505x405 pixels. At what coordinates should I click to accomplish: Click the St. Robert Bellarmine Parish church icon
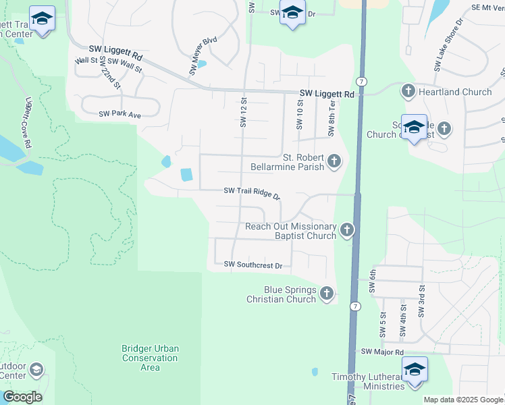334,161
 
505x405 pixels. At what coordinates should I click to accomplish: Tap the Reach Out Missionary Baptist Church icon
346,231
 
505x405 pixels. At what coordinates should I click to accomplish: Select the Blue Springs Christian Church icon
327,294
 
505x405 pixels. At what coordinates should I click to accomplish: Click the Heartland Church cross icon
408,91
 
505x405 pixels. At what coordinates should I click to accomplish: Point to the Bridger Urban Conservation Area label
150,358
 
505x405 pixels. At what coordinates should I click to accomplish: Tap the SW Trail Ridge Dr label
252,193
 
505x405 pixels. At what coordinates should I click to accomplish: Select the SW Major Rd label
382,352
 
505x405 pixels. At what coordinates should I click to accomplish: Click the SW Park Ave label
119,115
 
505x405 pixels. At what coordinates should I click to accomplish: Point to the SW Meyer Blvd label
203,55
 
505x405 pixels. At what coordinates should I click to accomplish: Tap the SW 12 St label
244,112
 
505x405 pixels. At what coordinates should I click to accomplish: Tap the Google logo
22,397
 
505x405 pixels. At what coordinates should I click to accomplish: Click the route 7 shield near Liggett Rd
363,81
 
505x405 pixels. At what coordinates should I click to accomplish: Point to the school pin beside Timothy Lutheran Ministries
415,371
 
